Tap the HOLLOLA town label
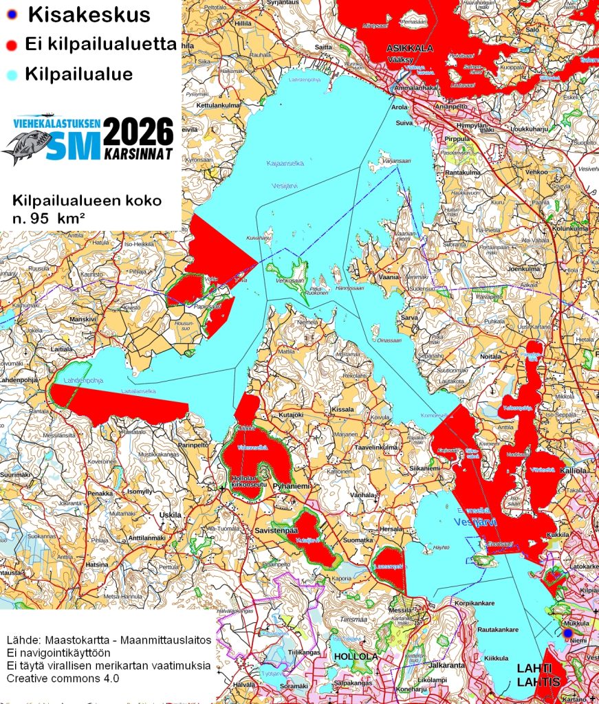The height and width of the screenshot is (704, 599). click(356, 657)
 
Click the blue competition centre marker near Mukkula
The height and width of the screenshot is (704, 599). click(567, 632)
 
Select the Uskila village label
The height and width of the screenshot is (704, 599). click(170, 515)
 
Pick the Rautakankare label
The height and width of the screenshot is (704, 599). click(497, 629)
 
